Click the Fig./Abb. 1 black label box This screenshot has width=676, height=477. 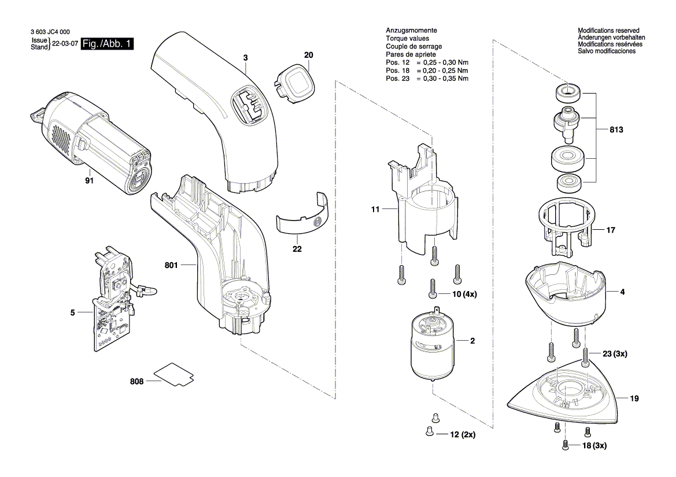click(108, 44)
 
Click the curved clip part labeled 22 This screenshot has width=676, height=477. click(301, 215)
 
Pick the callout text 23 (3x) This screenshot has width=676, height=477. click(614, 353)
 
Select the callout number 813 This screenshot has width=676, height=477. click(616, 131)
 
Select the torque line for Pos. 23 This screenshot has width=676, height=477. click(427, 78)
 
